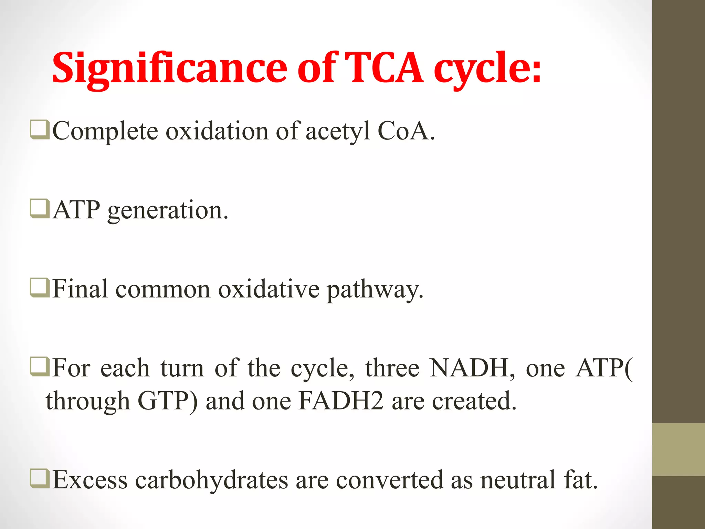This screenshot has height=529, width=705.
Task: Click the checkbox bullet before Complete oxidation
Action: click(x=39, y=130)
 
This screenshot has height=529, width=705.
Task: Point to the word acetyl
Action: click(x=338, y=131)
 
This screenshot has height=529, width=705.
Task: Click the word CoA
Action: click(x=406, y=131)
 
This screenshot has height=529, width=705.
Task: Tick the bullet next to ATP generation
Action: click(x=39, y=209)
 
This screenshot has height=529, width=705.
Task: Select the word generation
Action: click(x=168, y=210)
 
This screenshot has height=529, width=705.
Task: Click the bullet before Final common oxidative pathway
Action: click(x=39, y=288)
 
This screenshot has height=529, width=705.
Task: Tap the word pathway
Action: click(x=375, y=290)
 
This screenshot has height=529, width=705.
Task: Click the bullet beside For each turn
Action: click(x=39, y=367)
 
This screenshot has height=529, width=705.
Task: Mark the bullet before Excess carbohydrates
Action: click(x=39, y=479)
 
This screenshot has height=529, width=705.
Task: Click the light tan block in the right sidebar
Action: click(x=678, y=450)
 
